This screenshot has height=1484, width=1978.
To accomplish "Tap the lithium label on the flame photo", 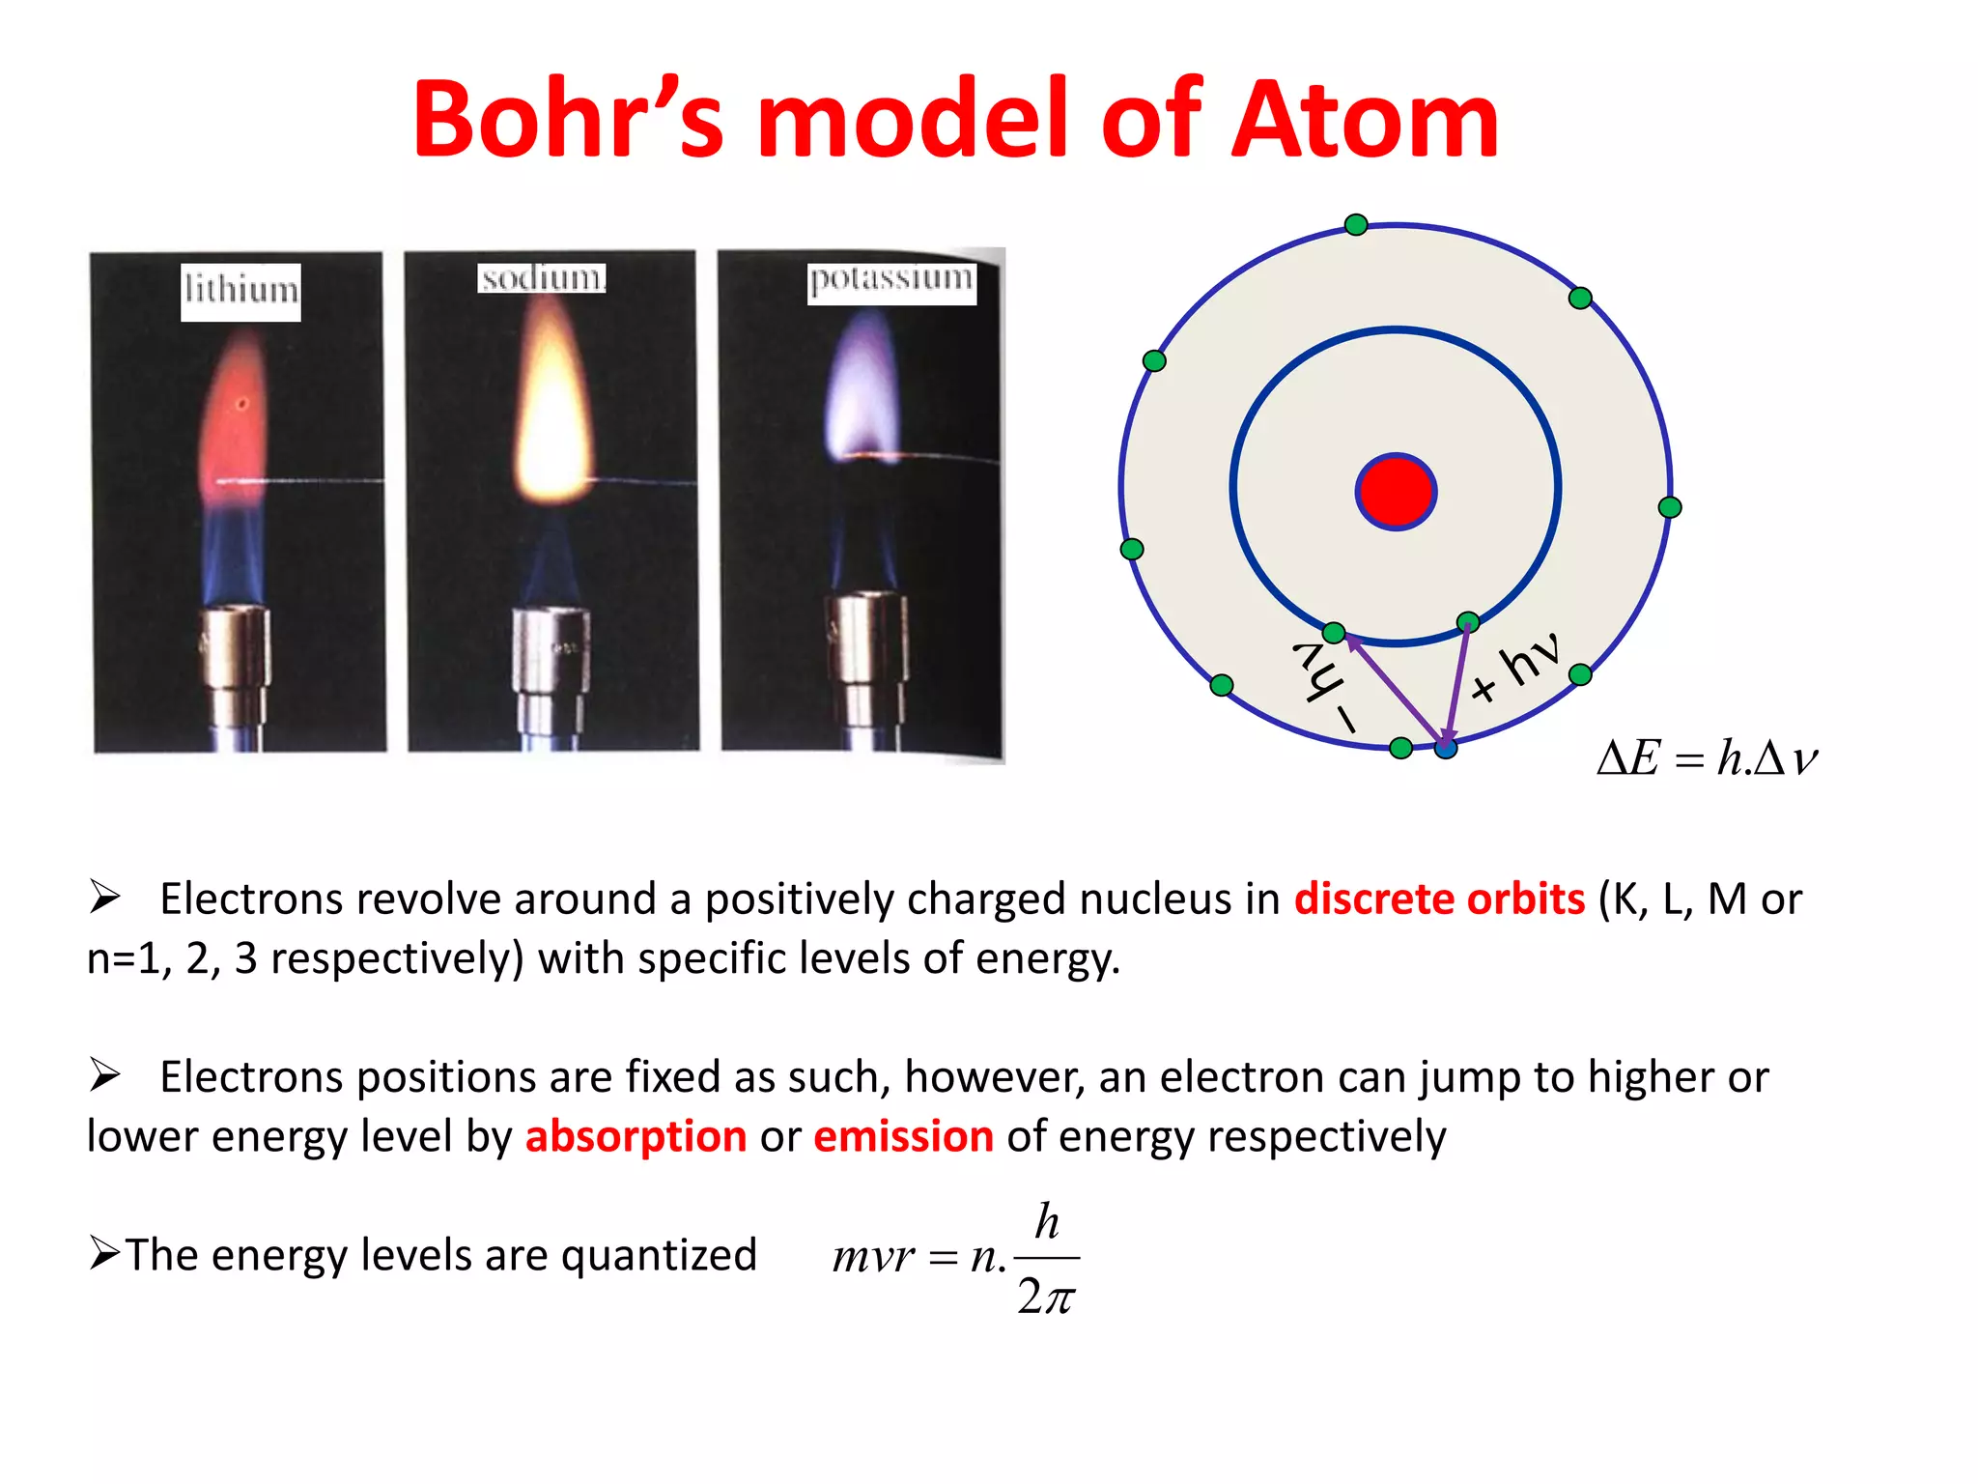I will tap(240, 291).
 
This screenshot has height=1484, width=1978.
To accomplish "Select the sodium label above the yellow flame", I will tap(542, 278).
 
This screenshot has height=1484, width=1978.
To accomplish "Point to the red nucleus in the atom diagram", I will tap(1396, 492).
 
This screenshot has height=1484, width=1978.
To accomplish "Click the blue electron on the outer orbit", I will tap(1445, 747).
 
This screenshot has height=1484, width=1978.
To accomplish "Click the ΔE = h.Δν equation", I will tap(1707, 758).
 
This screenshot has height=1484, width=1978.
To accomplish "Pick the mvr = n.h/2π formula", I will tap(955, 1257).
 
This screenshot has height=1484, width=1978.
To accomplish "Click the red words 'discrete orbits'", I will tap(1439, 899).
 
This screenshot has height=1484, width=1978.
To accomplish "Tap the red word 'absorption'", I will tap(636, 1137).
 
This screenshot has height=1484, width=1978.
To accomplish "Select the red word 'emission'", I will tap(903, 1137).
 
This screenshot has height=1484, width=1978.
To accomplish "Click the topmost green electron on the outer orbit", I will tap(1356, 225).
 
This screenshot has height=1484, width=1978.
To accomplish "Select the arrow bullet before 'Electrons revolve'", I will tap(104, 897).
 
